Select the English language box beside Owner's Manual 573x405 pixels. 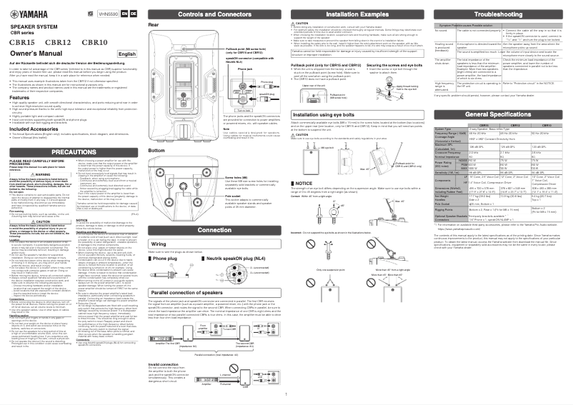[x=127, y=54]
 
